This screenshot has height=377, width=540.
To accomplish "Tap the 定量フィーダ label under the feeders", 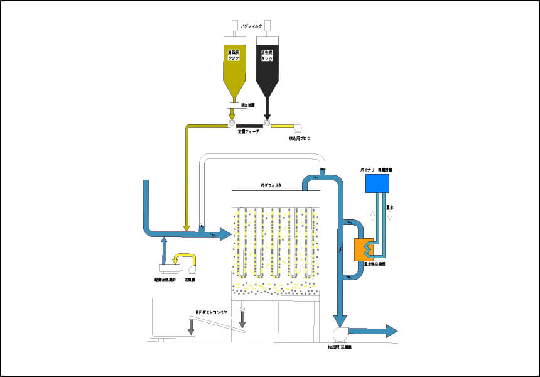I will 249,132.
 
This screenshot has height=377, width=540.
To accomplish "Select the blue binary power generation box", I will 377,183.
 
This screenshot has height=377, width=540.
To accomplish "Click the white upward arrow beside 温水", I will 373,216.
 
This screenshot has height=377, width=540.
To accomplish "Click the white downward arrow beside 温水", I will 390,216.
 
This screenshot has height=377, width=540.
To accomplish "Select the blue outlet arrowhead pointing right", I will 391,331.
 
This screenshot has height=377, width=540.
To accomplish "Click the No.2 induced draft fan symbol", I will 340,334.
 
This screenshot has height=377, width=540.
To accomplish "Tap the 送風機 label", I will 189,280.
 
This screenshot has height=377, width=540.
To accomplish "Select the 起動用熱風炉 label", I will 165,280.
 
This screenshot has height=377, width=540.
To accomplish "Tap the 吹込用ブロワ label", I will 300,138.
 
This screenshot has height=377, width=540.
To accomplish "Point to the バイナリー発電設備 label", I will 377,170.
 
